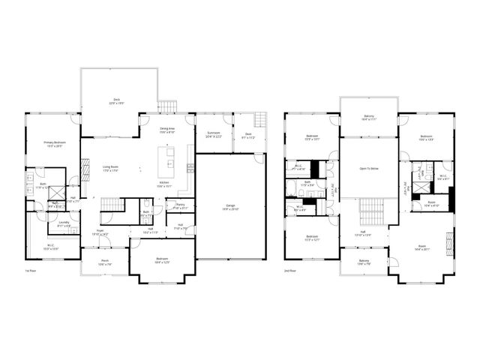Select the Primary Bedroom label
pyautogui.click(x=55, y=142)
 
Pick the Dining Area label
pyautogui.click(x=167, y=129)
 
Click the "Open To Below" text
pyautogui.click(x=368, y=169)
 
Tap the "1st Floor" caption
pyautogui.click(x=31, y=271)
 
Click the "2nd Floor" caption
pyautogui.click(x=289, y=271)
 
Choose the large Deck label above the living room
pyautogui.click(x=117, y=99)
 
